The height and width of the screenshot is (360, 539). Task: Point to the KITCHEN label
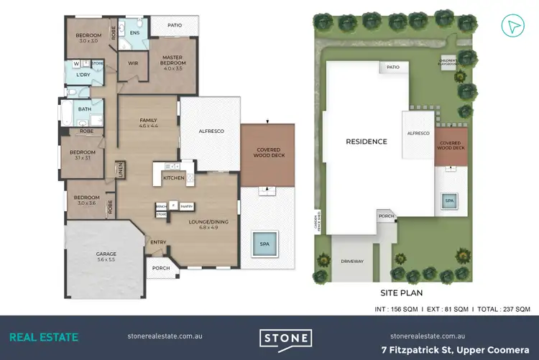[x=174, y=177]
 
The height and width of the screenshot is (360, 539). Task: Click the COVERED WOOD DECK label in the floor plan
[x=267, y=152]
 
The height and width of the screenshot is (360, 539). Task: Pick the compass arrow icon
[x=512, y=26]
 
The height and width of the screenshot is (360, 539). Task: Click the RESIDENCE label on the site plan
[x=367, y=142]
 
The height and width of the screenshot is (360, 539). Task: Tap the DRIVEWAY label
[x=352, y=262]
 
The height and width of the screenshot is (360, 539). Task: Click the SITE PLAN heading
[x=401, y=293]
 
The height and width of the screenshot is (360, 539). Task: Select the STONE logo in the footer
[x=285, y=338]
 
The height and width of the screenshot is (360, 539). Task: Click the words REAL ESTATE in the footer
[x=44, y=336]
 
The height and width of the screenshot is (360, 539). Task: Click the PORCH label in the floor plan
[x=161, y=269]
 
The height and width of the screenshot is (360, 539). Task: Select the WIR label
[x=132, y=63]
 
